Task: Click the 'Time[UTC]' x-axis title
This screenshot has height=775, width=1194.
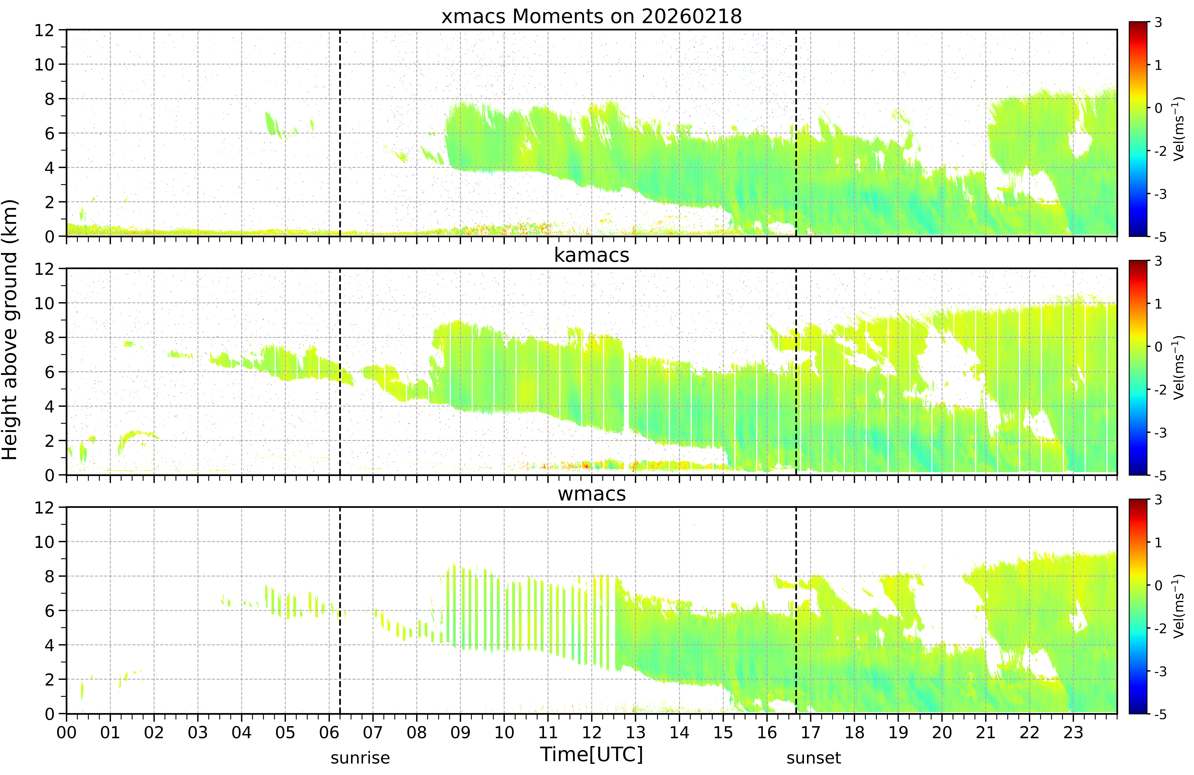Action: click(x=591, y=754)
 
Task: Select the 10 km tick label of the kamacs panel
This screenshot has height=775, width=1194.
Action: click(x=44, y=303)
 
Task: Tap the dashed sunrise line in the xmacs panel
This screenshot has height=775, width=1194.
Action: click(x=340, y=133)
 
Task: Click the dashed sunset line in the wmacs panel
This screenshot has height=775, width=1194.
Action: click(x=796, y=610)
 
